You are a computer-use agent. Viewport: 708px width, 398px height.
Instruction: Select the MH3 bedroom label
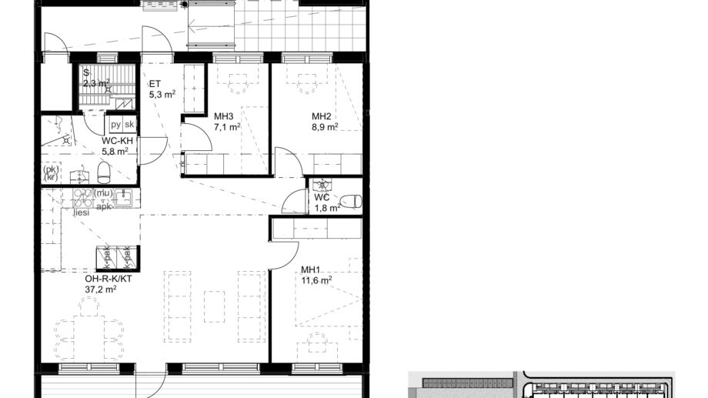click(224, 117)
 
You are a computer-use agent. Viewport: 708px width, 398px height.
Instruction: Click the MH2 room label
click(322, 117)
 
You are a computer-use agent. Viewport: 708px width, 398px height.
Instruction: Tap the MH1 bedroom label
click(311, 270)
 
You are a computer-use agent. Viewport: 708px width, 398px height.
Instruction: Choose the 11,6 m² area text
click(316, 281)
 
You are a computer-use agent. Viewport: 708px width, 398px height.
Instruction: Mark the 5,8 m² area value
click(115, 152)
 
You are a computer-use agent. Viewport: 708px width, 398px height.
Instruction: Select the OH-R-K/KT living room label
click(109, 279)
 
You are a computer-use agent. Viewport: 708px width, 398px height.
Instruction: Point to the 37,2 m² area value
click(101, 289)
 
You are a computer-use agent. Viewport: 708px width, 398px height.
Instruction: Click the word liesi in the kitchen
click(81, 212)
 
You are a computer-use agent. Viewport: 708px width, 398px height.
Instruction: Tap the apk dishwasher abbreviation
click(104, 206)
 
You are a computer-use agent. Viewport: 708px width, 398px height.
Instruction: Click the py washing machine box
click(115, 125)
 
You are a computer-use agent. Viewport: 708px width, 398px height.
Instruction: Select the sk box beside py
click(129, 125)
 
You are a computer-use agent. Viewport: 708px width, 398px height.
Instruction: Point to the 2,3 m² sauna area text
click(96, 83)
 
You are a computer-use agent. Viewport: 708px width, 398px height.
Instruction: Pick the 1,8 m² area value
click(326, 208)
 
